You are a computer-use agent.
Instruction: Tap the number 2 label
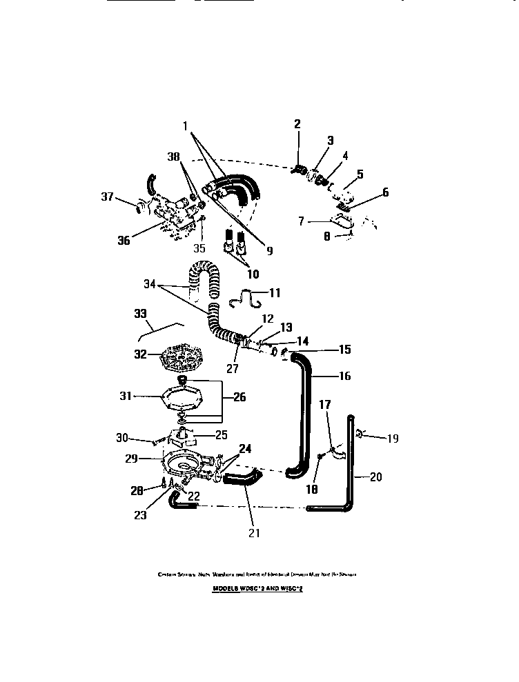[297, 124]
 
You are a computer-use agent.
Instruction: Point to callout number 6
[385, 192]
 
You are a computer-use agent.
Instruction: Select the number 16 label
[345, 376]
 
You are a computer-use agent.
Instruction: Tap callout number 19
[393, 438]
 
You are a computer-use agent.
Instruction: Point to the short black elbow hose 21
[242, 477]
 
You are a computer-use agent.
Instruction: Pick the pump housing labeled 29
[183, 466]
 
